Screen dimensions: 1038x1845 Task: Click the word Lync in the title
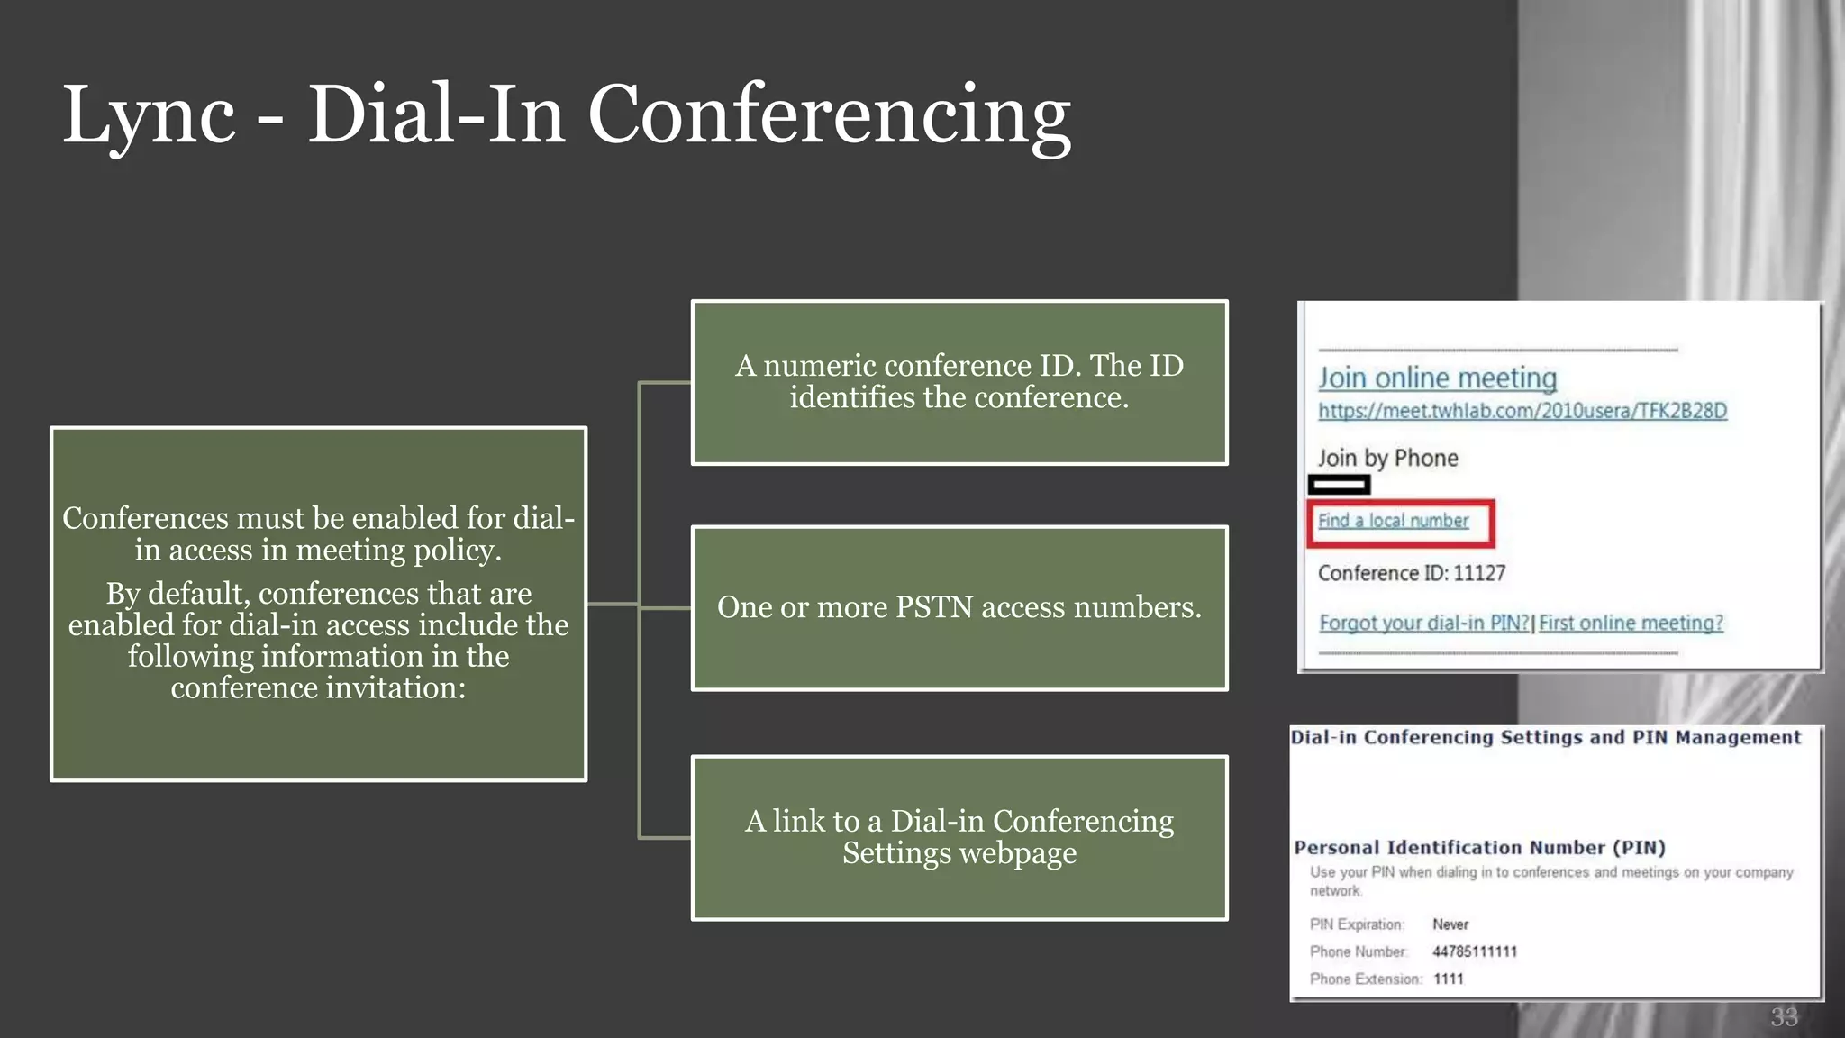[x=149, y=115]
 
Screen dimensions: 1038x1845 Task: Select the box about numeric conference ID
[x=959, y=382]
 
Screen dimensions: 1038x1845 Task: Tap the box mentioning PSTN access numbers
[x=959, y=608]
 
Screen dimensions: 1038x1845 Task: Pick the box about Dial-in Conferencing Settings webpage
[x=959, y=837]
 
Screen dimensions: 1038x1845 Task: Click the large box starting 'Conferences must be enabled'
[x=318, y=604]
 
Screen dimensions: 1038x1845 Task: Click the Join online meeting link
[x=1437, y=378]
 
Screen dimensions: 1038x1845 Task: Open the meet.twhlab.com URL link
[x=1522, y=411]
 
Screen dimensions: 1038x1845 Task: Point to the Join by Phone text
[x=1387, y=458]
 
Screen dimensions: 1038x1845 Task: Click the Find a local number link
[x=1393, y=521]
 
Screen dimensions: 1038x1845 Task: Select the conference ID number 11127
[x=1479, y=573]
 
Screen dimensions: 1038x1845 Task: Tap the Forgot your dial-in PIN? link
[x=1423, y=623]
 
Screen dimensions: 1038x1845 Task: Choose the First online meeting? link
[x=1631, y=623]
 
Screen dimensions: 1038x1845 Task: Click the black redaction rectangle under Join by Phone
[x=1339, y=485]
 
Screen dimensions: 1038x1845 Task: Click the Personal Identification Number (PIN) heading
[x=1479, y=848]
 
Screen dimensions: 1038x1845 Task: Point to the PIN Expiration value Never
[x=1450, y=924]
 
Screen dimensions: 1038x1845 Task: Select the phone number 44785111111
[x=1475, y=951]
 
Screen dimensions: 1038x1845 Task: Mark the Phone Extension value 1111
[x=1449, y=979]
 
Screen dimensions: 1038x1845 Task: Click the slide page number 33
[x=1784, y=1017]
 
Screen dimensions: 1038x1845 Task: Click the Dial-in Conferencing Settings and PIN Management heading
[x=1545, y=738]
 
